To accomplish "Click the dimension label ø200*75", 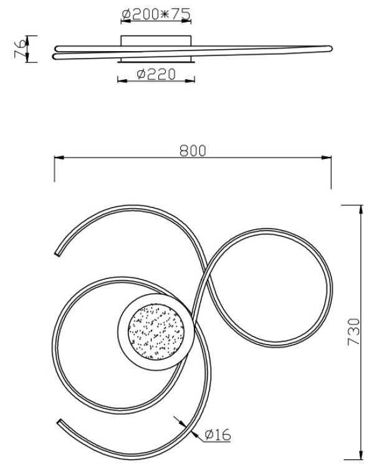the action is (156, 14).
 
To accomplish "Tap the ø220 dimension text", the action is (156, 74).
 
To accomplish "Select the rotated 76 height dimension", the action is (21, 49).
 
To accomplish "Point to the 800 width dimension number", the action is (193, 151).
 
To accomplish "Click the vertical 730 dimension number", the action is (354, 332).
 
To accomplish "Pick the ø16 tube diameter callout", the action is (218, 435).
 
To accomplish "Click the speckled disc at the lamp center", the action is (156, 332).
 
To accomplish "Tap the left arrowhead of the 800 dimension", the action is (59, 158).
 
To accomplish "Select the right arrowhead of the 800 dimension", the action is (327, 158).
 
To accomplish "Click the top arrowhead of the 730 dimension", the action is (361, 209).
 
